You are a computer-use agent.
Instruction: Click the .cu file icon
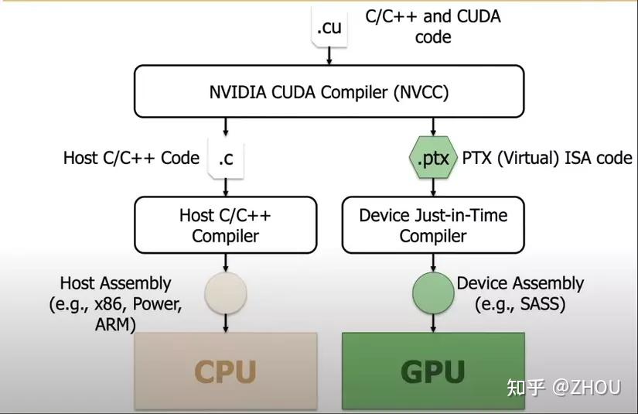pos(329,26)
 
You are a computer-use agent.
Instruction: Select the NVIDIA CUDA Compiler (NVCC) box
pos(329,92)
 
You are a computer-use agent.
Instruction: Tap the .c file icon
pos(225,159)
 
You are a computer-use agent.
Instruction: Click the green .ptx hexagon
pos(432,158)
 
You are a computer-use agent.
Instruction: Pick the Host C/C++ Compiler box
pos(225,225)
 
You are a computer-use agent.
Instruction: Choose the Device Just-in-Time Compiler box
pos(432,225)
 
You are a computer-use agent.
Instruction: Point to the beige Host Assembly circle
pos(225,293)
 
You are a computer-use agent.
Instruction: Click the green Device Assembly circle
pos(432,293)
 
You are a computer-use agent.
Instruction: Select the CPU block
pos(225,371)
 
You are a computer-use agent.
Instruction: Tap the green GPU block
pos(432,371)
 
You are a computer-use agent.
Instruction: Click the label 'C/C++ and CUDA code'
pos(432,26)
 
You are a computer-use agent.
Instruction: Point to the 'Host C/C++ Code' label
pos(131,159)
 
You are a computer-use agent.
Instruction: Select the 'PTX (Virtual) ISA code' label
pos(547,159)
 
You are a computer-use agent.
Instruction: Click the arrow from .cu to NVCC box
pos(329,55)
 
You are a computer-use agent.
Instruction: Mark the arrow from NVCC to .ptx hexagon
pos(432,126)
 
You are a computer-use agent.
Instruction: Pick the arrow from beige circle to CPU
pos(225,321)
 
